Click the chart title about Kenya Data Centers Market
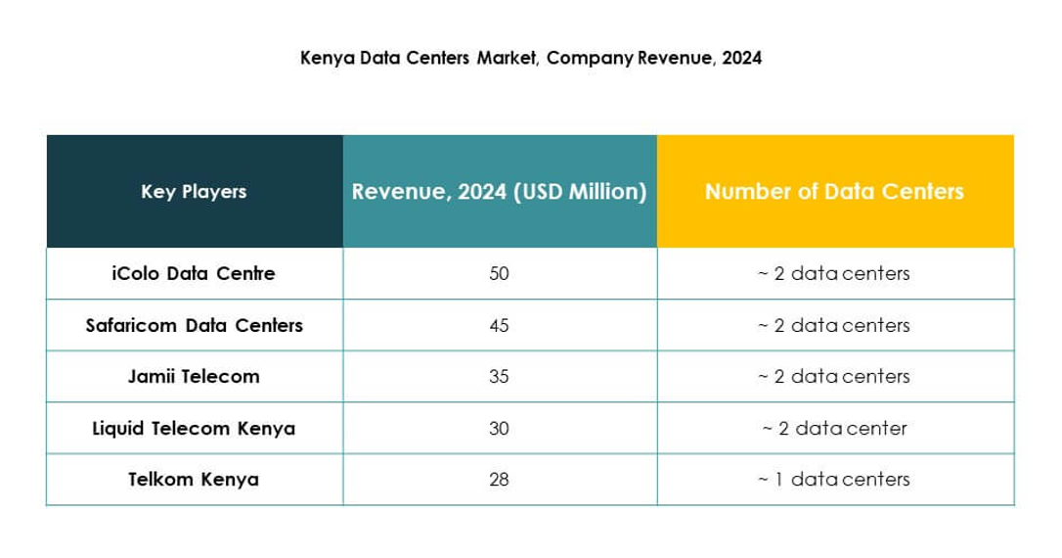[530, 58]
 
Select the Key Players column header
[194, 192]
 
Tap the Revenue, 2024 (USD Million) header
[499, 192]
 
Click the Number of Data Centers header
[834, 192]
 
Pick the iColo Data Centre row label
[194, 274]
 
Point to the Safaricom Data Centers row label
[194, 325]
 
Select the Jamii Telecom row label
[194, 376]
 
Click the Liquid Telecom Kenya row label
[194, 428]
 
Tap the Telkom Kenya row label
[194, 480]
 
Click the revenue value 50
[499, 274]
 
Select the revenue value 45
[499, 325]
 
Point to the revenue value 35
[499, 376]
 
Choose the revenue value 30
[499, 428]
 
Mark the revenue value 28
[499, 480]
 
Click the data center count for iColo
[834, 274]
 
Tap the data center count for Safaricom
[834, 325]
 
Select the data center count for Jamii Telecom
[834, 376]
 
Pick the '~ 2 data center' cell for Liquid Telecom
[834, 428]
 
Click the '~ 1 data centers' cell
[834, 480]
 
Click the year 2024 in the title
[741, 58]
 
